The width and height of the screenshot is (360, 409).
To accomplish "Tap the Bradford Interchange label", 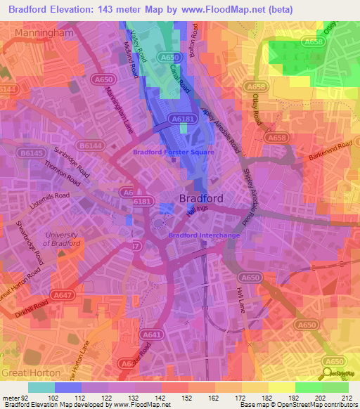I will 204,235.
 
